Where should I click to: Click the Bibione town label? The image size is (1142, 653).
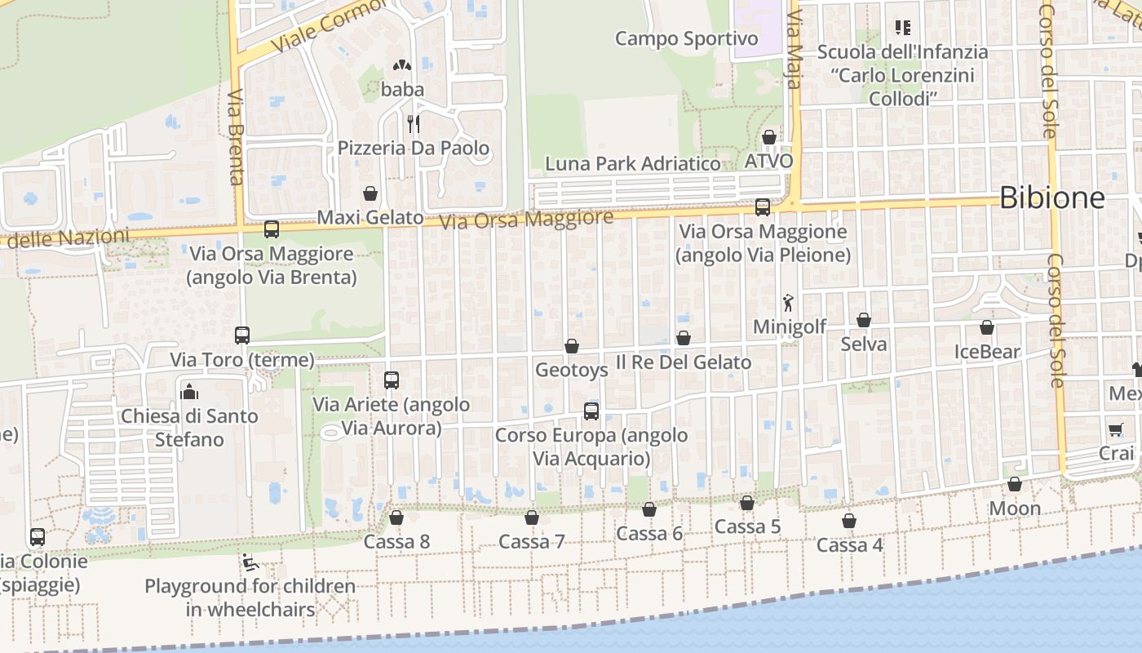coord(1051,198)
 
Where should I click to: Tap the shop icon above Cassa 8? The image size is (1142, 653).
coord(396,518)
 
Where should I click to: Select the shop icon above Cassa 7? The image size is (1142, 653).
coord(532,518)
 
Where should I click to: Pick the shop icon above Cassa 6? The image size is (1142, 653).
coord(649,509)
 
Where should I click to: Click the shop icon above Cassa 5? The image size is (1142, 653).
coord(747,503)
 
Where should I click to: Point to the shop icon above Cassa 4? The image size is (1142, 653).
coord(849,521)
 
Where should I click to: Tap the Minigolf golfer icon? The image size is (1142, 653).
coord(788,304)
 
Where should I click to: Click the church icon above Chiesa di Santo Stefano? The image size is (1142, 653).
coord(189,392)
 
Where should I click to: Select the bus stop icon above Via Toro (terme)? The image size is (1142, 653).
coord(242,335)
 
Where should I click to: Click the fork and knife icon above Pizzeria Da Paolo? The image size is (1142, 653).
coord(414,124)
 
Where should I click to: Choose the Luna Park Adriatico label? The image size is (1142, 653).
coord(633,163)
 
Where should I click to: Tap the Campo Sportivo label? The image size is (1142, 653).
coord(686,38)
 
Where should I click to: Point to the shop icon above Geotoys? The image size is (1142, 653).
coord(572,346)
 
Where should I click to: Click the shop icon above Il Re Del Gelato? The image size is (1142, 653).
coord(684,338)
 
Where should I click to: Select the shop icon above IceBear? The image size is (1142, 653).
coord(987,328)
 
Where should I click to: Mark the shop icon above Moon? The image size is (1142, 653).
coord(1015,485)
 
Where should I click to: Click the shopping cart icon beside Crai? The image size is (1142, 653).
coord(1115,429)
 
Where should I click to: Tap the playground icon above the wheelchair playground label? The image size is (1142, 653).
coord(250,562)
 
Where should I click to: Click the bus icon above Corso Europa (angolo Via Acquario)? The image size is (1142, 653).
coord(591,411)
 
